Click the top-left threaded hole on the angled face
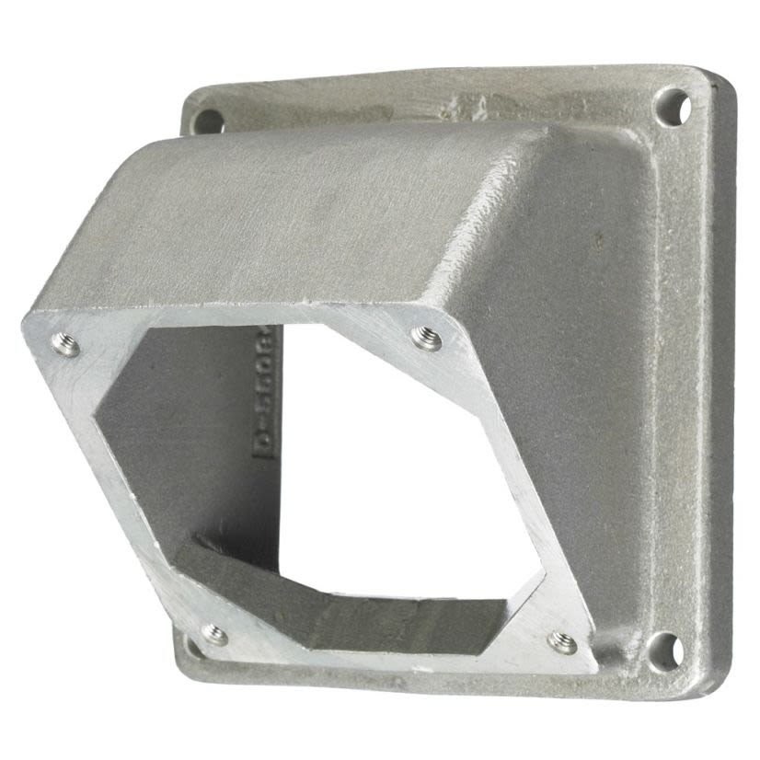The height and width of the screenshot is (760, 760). (x=64, y=345)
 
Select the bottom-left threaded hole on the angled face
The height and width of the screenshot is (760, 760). (x=213, y=635)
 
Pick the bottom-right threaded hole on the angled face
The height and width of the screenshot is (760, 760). (x=562, y=643)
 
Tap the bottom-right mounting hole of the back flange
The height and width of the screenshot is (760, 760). (x=665, y=651)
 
